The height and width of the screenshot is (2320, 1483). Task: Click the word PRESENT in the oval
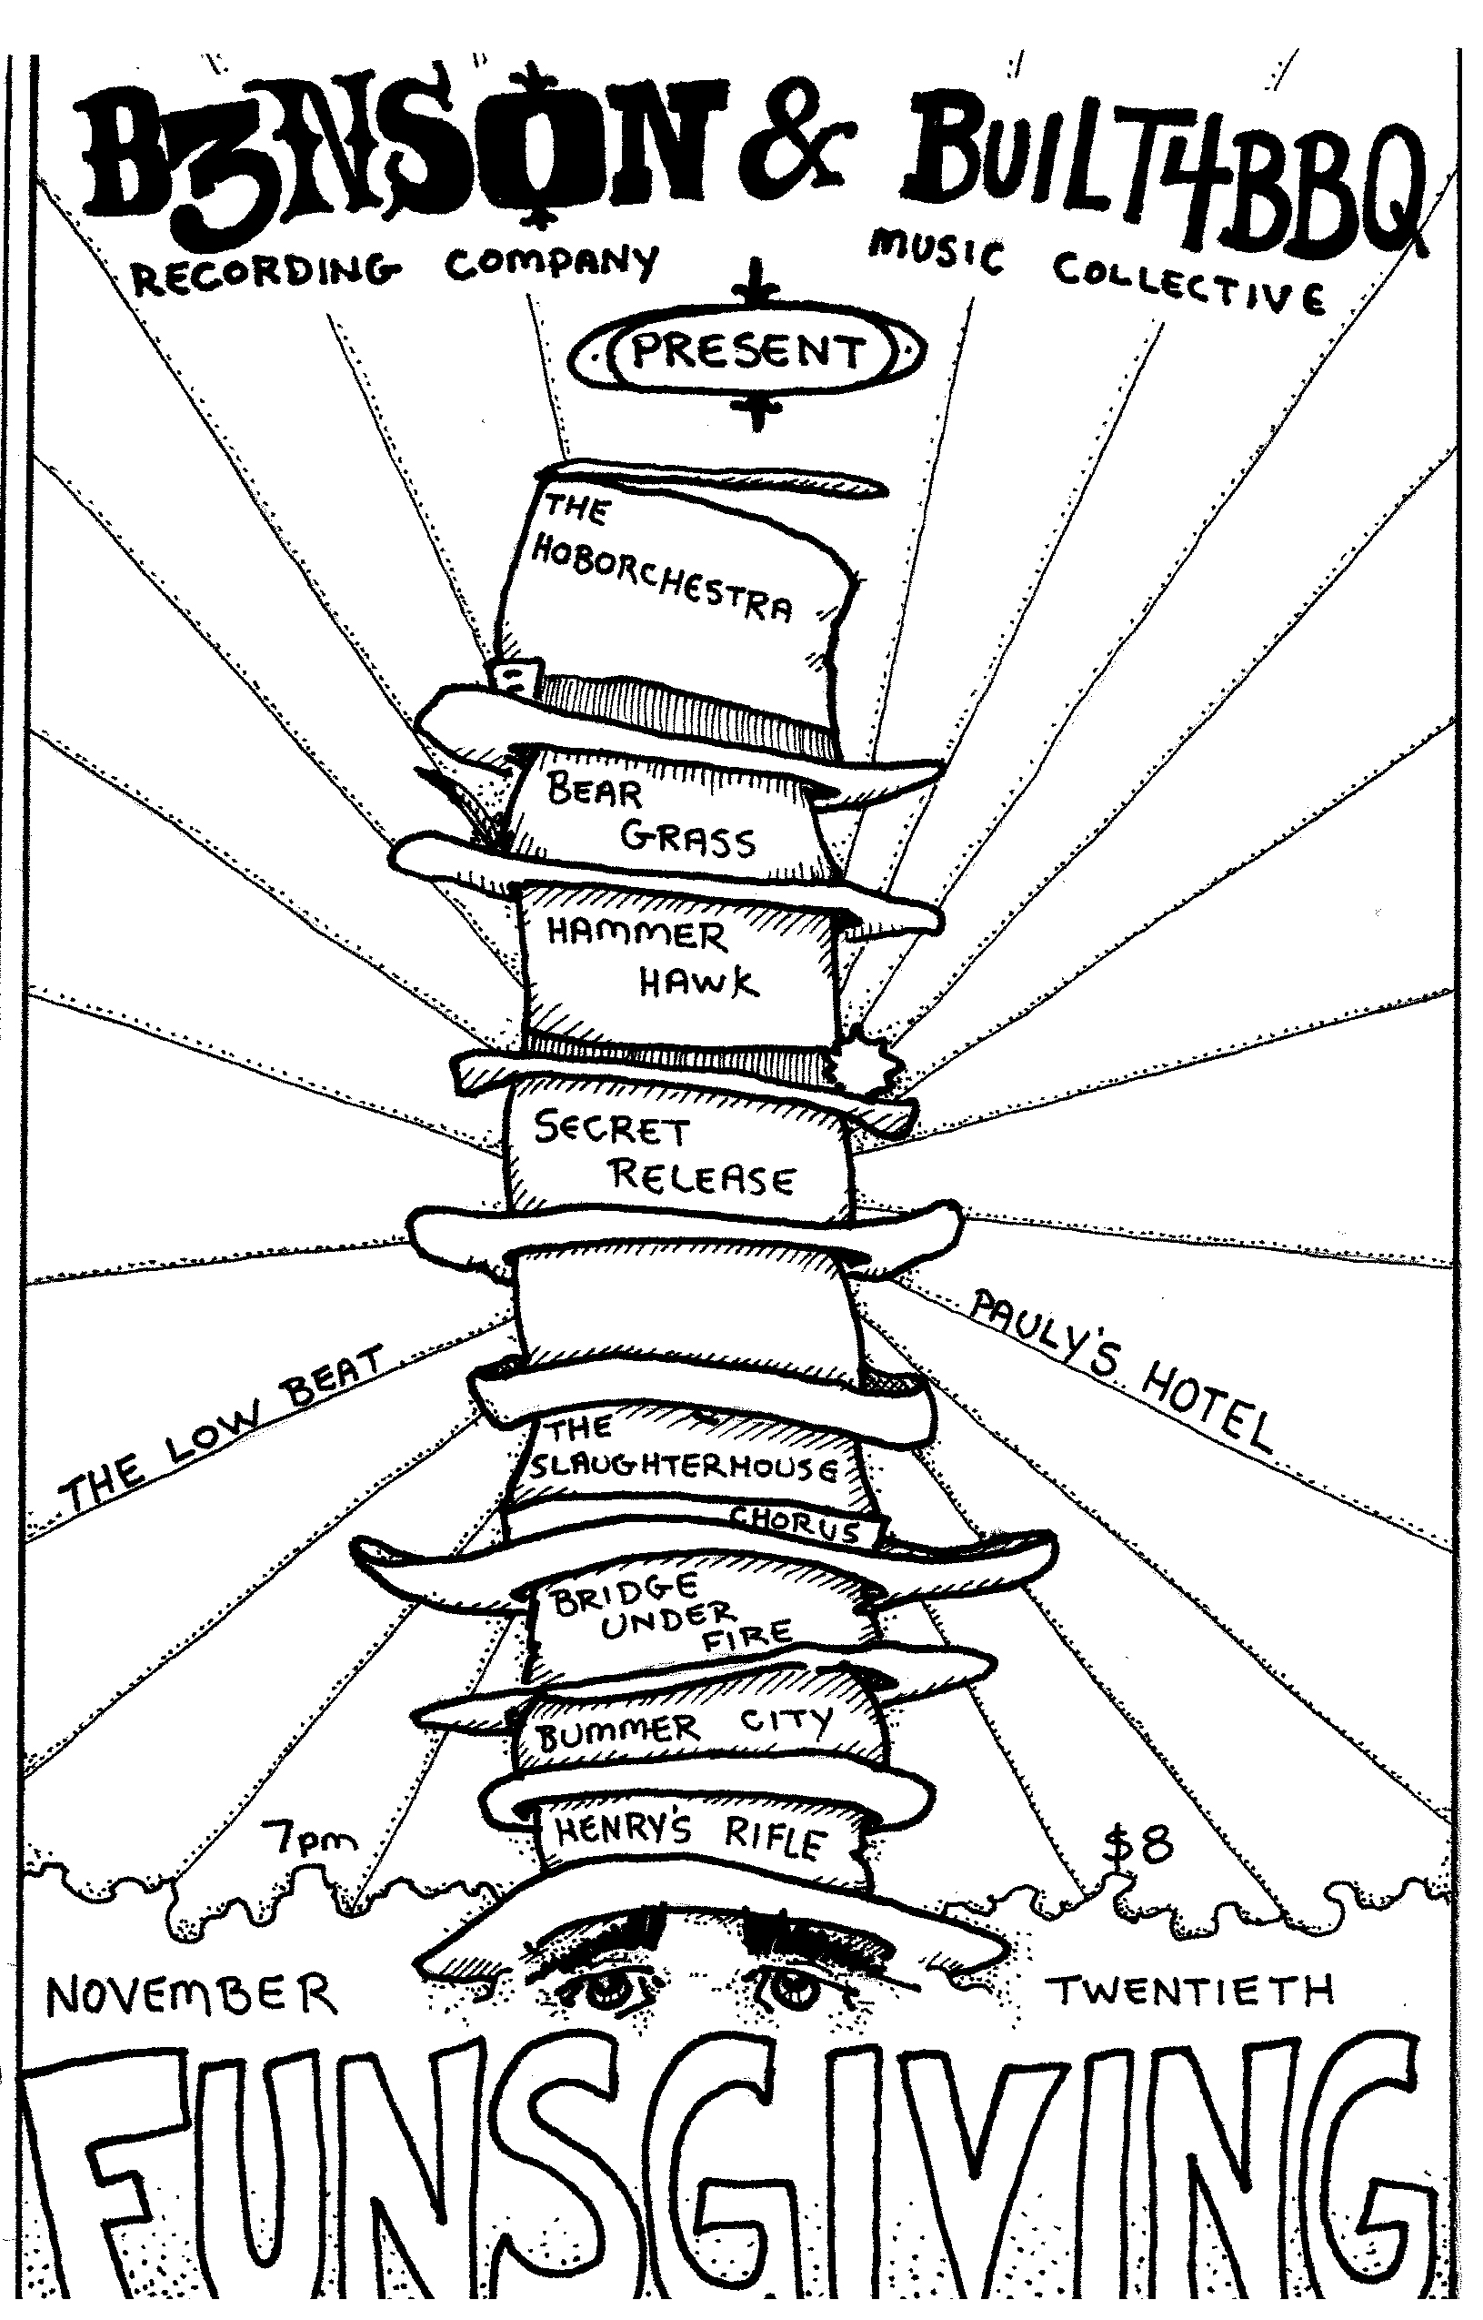point(747,353)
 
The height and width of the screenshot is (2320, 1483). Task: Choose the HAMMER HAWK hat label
point(651,959)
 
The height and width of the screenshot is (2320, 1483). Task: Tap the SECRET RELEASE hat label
point(665,1155)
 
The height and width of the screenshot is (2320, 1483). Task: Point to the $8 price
point(1139,1843)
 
